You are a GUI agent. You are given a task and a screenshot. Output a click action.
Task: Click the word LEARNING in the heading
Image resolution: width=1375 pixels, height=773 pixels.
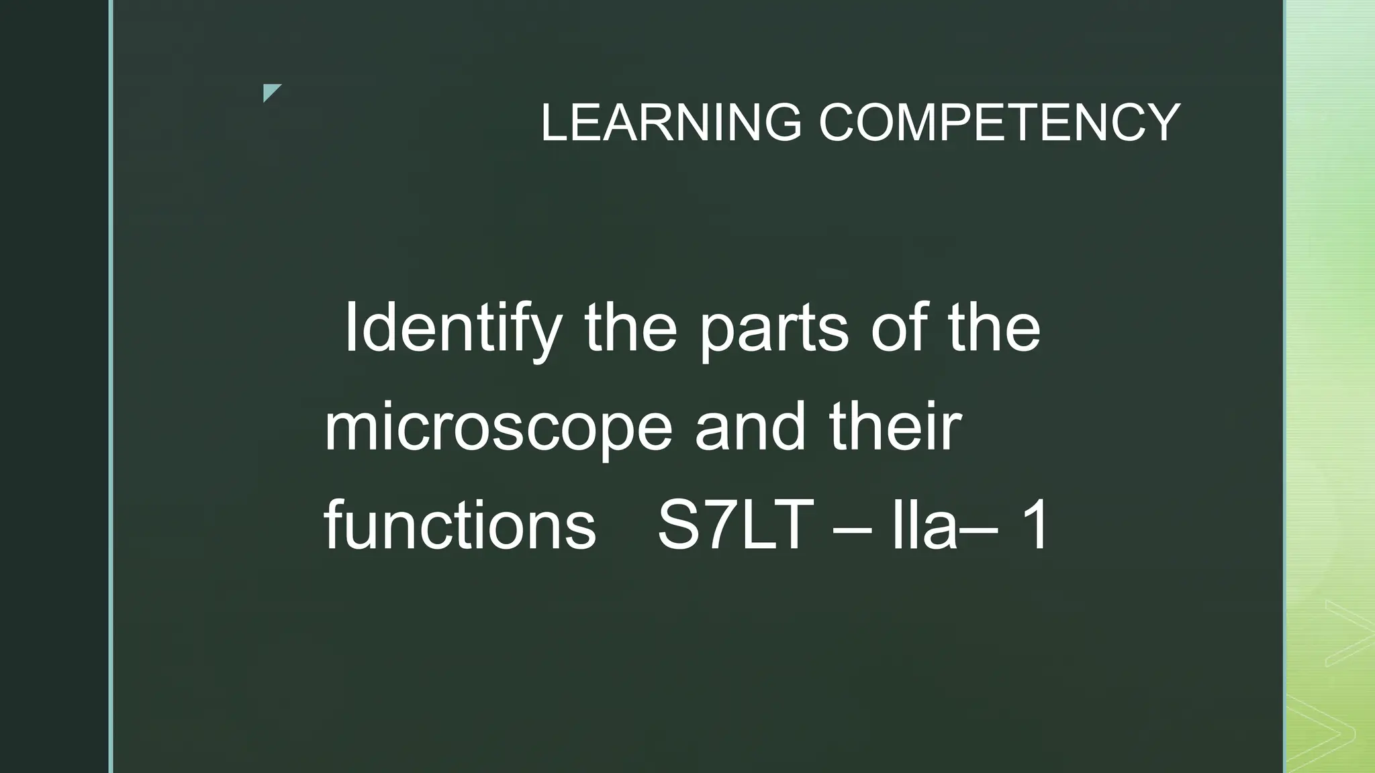click(x=671, y=122)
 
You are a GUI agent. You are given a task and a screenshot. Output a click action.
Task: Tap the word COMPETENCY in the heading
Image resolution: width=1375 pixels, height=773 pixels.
click(x=999, y=122)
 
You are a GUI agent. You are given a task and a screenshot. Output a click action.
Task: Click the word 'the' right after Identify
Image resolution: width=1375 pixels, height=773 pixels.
click(x=630, y=329)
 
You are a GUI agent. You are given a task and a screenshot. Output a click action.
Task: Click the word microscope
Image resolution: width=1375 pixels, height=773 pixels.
click(x=498, y=429)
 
